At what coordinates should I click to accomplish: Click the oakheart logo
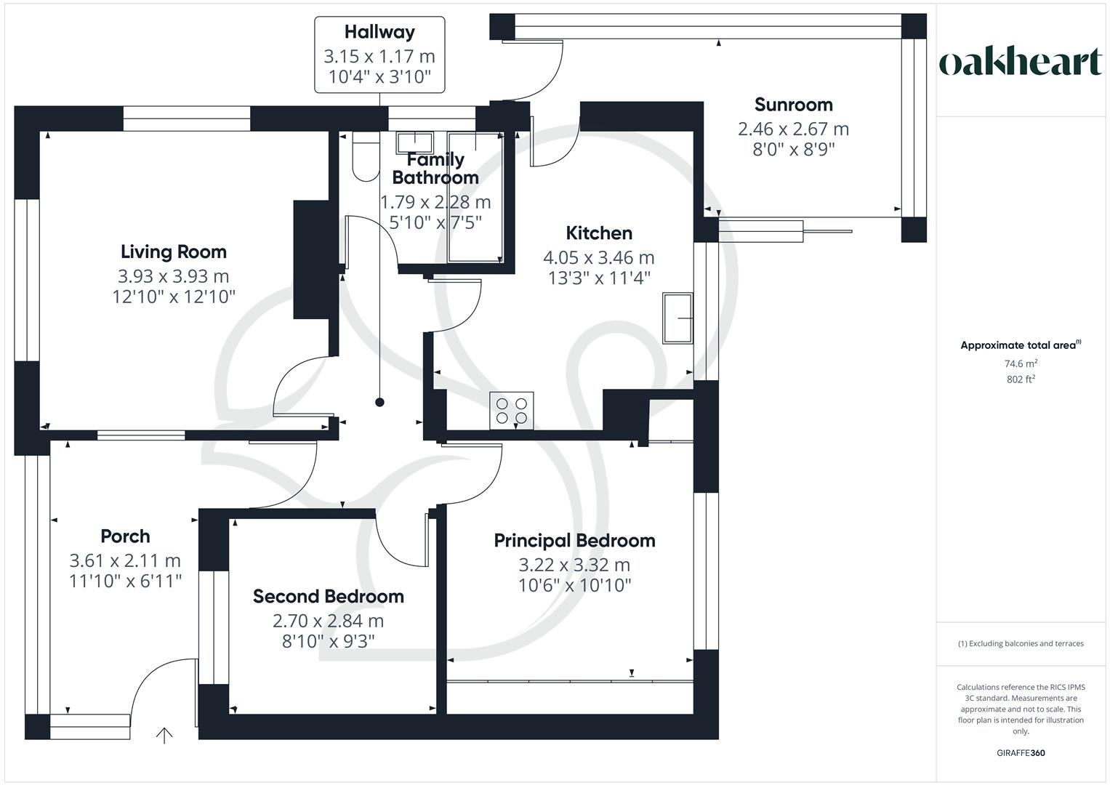tap(1021, 62)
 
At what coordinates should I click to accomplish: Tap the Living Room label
tap(174, 252)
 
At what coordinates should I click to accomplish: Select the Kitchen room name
tap(599, 233)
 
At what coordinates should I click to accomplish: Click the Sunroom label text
tap(793, 105)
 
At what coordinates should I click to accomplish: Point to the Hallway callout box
tap(379, 55)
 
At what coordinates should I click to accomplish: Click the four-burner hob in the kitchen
tap(512, 410)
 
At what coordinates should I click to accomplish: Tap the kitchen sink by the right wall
tap(677, 318)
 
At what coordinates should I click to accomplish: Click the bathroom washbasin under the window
tap(414, 140)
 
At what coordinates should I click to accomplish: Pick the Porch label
tap(125, 536)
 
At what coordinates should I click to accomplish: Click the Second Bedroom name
tap(328, 597)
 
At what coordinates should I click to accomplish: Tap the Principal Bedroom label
tap(574, 541)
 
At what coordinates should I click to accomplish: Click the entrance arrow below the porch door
tap(164, 736)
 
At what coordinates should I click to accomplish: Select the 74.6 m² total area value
tap(1021, 363)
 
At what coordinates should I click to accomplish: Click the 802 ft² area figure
tap(1021, 379)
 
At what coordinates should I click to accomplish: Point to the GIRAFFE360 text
tap(1021, 753)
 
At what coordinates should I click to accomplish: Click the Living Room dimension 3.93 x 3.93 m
tap(174, 276)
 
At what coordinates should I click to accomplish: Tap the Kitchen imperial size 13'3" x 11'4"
tap(599, 278)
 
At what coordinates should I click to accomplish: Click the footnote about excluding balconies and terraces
tap(1021, 643)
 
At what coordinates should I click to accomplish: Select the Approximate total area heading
tap(1021, 345)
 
